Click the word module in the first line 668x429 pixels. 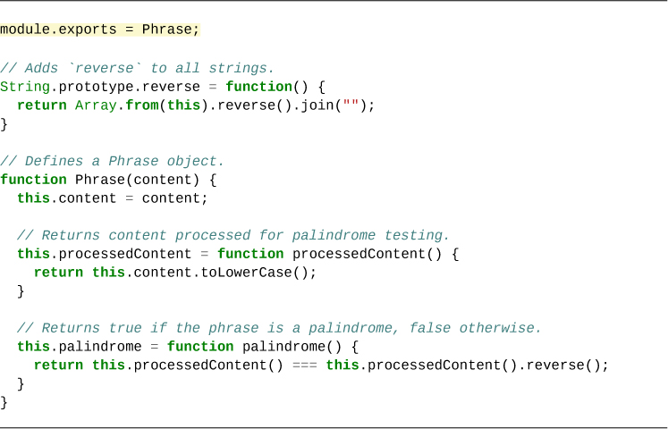pyautogui.click(x=25, y=29)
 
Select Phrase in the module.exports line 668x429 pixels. pyautogui.click(x=167, y=29)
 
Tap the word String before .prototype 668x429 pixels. pyautogui.click(x=25, y=87)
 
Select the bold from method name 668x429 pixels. pyautogui.click(x=142, y=105)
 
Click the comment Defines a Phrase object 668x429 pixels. pyautogui.click(x=112, y=161)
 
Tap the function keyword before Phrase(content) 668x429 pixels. pyautogui.click(x=33, y=180)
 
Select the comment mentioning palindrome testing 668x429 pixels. pyautogui.click(x=233, y=235)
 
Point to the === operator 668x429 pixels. pyautogui.click(x=305, y=366)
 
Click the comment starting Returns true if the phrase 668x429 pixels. pyautogui.click(x=279, y=328)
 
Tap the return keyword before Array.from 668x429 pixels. pyautogui.click(x=42, y=105)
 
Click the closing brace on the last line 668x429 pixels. pyautogui.click(x=4, y=402)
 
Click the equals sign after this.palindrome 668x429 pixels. pyautogui.click(x=150, y=347)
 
